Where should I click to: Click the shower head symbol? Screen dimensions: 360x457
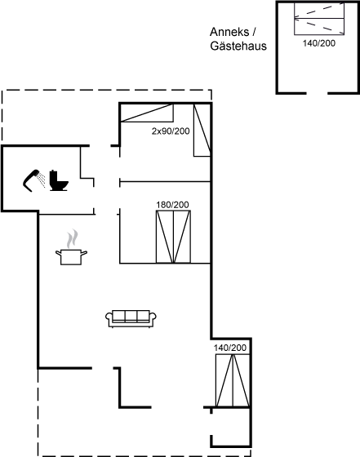[x=30, y=180]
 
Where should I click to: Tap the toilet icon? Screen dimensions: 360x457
[x=58, y=180]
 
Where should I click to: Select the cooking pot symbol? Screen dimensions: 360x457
[x=71, y=257]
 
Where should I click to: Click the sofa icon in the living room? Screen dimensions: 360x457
[x=131, y=318]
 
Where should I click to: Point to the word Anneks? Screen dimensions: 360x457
[x=229, y=32]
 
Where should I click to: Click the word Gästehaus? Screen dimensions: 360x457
[x=238, y=46]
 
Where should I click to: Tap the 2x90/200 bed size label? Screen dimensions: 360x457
[x=171, y=131]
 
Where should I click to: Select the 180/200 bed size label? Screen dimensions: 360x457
[x=172, y=205]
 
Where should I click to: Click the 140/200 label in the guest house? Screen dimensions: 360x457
[x=319, y=43]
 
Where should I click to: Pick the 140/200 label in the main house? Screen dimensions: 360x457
[x=230, y=348]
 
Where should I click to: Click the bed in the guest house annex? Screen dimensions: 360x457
[x=319, y=19]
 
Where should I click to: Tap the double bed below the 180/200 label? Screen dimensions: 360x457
[x=173, y=237]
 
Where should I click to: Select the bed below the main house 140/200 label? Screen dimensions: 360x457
[x=233, y=380]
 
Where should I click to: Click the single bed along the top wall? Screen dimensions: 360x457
[x=147, y=113]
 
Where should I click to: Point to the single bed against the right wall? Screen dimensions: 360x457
[x=202, y=131]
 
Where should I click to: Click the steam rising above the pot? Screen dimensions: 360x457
[x=72, y=239]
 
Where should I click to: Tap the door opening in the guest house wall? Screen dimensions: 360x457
[x=318, y=93]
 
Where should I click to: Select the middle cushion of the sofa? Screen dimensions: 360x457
[x=131, y=316]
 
